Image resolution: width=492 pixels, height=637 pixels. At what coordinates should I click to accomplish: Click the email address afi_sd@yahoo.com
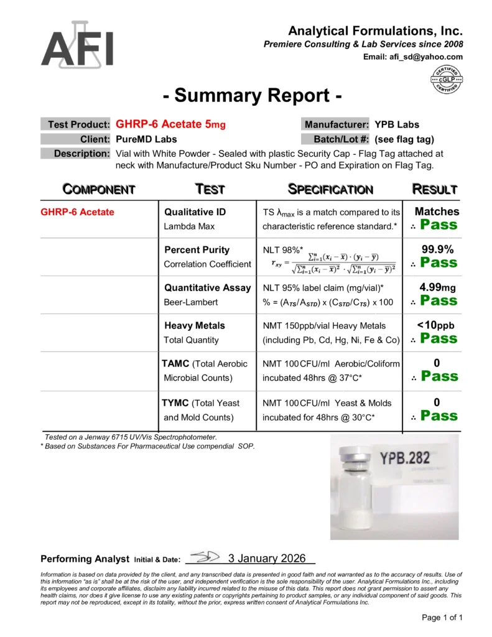413,57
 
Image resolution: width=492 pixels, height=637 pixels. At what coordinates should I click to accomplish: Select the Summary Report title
253,96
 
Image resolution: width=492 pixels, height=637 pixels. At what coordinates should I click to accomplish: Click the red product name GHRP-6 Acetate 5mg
170,124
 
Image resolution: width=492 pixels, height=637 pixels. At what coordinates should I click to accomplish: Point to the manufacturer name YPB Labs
397,124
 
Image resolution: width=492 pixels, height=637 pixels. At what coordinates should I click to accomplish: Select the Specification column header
330,189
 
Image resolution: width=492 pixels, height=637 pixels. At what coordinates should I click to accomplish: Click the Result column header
435,189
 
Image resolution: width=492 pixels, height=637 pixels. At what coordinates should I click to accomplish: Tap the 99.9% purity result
437,249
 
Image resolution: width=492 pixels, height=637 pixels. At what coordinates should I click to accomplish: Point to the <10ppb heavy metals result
437,325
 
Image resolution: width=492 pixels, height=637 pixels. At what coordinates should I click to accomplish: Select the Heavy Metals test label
195,325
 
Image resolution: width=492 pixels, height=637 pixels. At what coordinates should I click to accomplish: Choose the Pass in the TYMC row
439,416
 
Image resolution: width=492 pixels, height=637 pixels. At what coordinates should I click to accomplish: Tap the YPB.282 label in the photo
405,458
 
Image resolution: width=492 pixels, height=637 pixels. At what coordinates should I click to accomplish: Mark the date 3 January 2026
267,559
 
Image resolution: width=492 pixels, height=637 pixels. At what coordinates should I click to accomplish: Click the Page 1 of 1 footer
442,618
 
